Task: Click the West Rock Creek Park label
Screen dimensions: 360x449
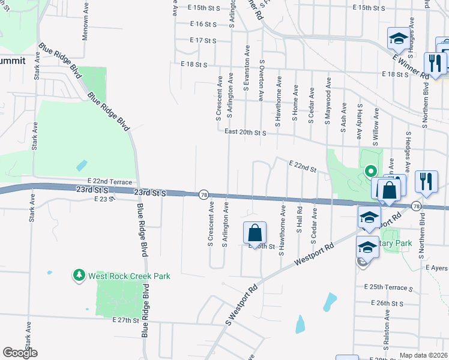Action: pyautogui.click(x=129, y=276)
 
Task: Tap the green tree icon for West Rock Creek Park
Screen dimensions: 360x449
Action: pyautogui.click(x=79, y=275)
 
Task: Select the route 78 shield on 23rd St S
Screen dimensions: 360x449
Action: pyautogui.click(x=204, y=194)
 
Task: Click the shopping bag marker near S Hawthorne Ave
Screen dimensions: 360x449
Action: pyautogui.click(x=255, y=232)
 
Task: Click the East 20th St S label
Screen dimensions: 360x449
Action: pyautogui.click(x=245, y=132)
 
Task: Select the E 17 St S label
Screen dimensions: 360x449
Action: pyautogui.click(x=202, y=41)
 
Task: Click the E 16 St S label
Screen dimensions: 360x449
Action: pyautogui.click(x=202, y=25)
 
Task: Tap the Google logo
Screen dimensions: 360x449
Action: pyautogui.click(x=20, y=353)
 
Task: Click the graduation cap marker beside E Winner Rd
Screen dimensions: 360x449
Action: pyautogui.click(x=397, y=40)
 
